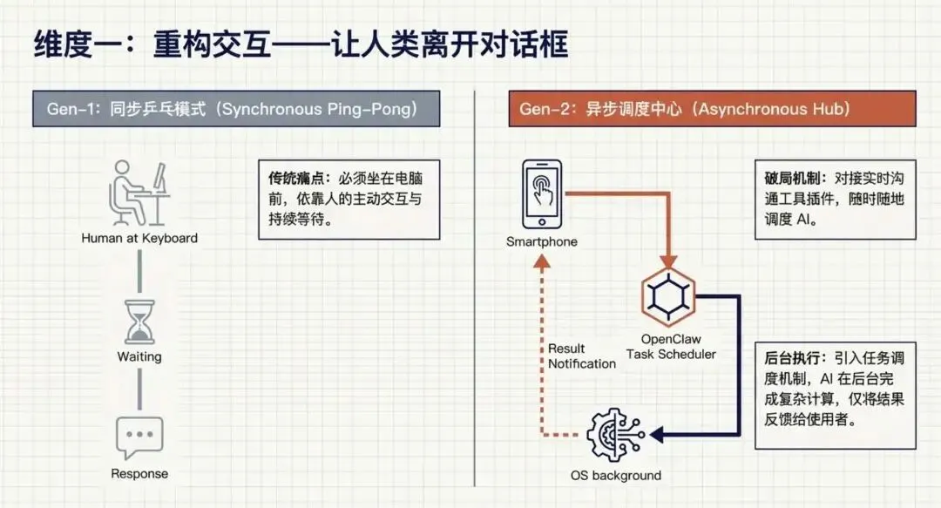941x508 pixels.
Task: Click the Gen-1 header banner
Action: point(236,109)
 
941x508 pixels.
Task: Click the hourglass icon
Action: point(139,322)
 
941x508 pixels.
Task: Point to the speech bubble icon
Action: point(139,438)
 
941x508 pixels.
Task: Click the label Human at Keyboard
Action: point(139,238)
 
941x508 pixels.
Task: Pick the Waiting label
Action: point(139,356)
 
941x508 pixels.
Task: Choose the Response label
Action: point(139,474)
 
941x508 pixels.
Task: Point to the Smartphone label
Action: point(541,241)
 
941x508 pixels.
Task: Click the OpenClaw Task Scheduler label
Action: point(671,346)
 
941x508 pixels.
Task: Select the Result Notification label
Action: point(581,356)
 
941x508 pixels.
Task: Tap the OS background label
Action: point(615,476)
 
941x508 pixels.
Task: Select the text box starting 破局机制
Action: point(835,199)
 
